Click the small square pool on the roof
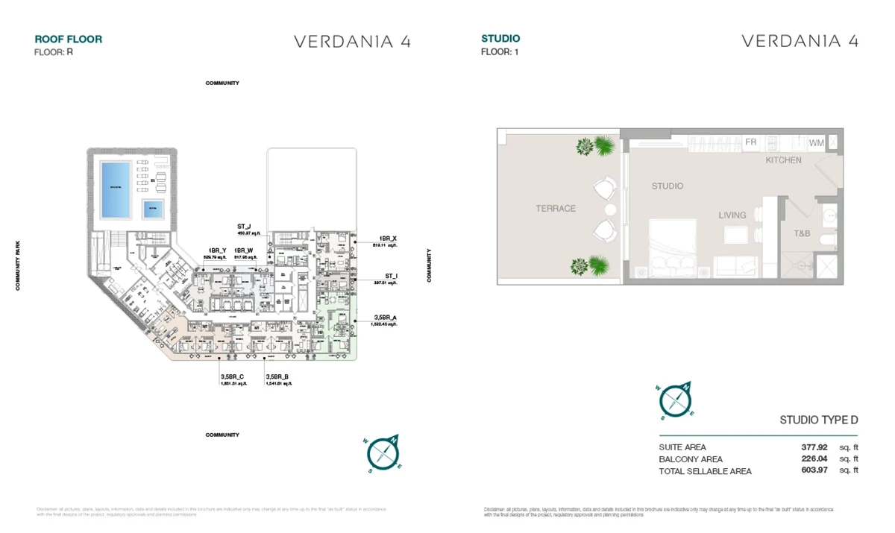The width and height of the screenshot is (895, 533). point(154,209)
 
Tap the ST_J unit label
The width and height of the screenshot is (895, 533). point(244,226)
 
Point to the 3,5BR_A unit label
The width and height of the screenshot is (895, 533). point(386,318)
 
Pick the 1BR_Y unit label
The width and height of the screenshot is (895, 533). point(218,251)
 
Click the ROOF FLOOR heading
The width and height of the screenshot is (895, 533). point(69,40)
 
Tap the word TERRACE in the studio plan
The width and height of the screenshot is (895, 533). point(556,209)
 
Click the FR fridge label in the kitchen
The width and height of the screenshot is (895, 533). point(750,142)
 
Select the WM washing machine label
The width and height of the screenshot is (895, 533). point(816,142)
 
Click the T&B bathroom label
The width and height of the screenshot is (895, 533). point(802,233)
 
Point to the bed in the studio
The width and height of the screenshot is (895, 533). point(672,248)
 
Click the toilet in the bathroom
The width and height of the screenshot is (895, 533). point(826,239)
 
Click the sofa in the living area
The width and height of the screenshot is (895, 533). point(735,267)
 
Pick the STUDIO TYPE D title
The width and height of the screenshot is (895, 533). point(818,420)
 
